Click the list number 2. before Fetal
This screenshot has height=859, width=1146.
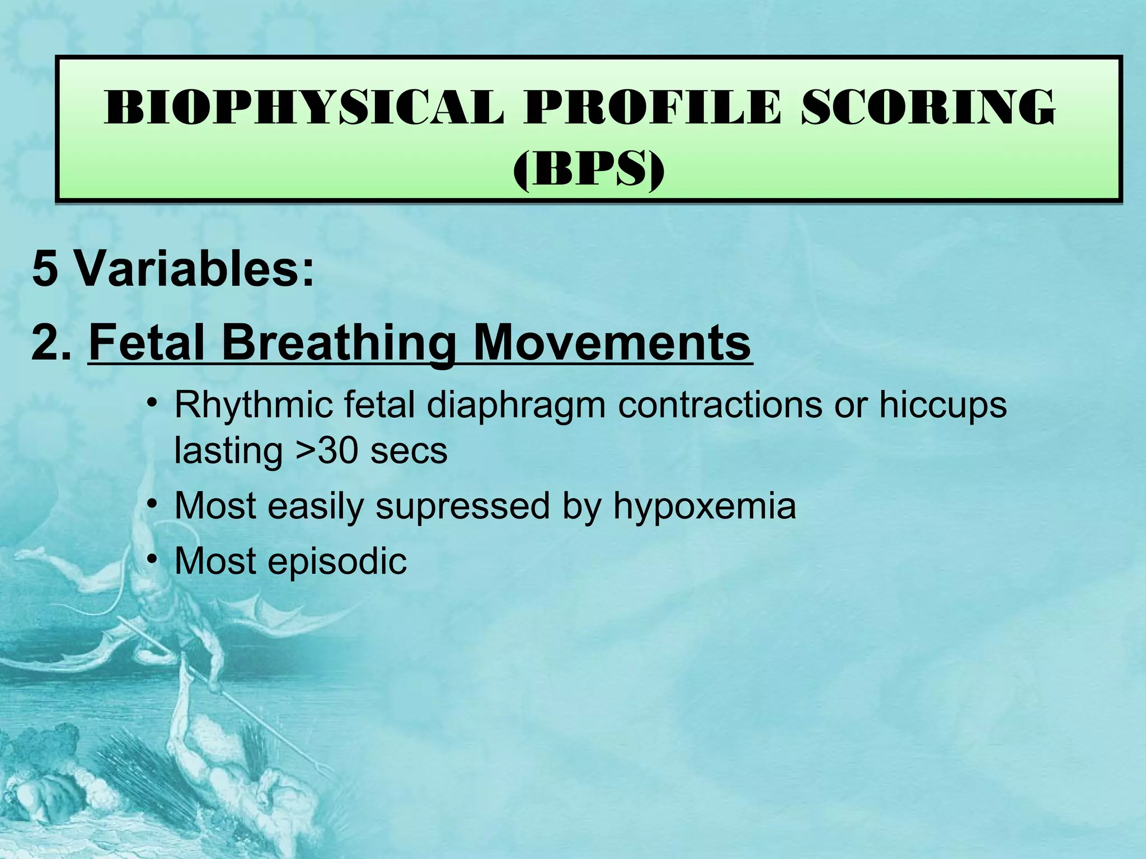[51, 342]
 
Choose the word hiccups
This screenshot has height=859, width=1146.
[943, 406]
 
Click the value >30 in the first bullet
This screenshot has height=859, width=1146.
[326, 451]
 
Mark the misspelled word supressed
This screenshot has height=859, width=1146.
[463, 507]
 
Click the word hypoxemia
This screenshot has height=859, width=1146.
[704, 507]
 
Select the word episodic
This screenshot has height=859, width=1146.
[337, 561]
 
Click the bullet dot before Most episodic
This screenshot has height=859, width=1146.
[151, 560]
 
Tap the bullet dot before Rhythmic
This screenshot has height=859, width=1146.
[151, 404]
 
